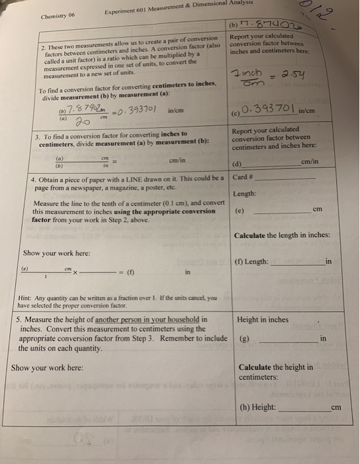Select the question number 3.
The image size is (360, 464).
tap(36, 135)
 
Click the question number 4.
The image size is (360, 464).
tap(34, 179)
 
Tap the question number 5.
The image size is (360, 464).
tap(18, 319)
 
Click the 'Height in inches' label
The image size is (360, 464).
tap(263, 319)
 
